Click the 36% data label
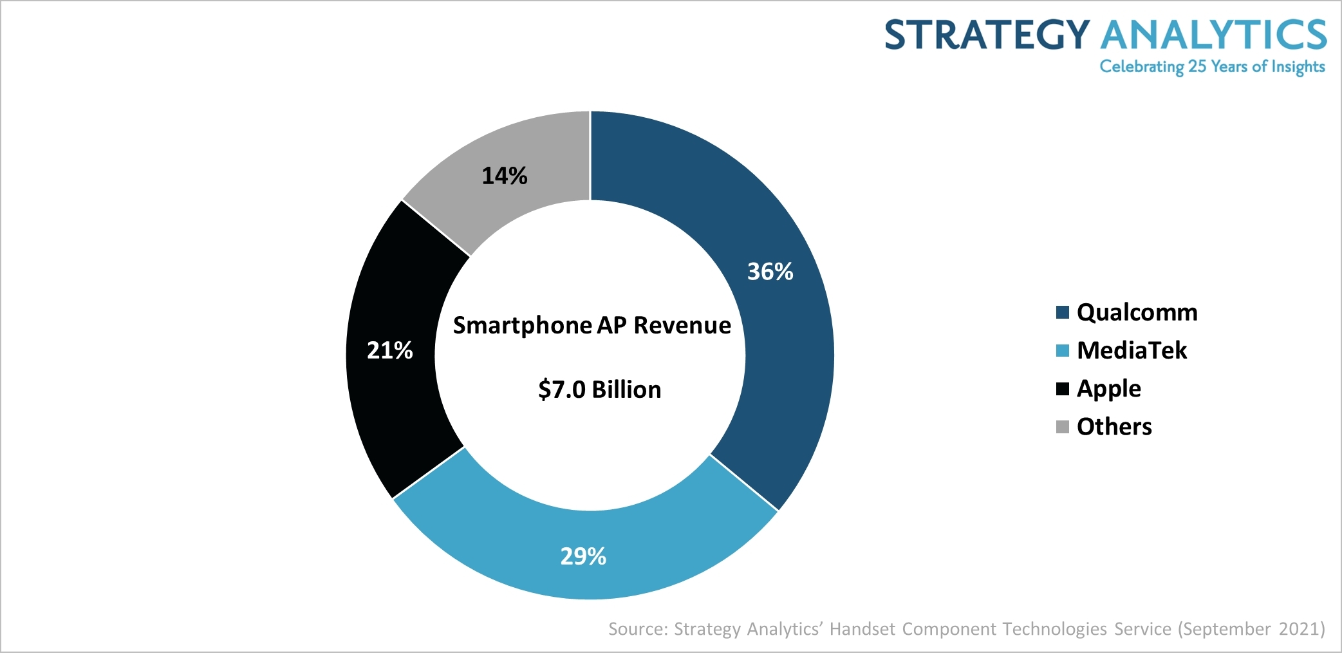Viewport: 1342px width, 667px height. tap(770, 272)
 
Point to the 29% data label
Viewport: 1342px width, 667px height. tap(583, 556)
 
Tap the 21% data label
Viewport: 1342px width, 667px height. tap(389, 350)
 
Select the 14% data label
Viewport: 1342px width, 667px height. tap(505, 176)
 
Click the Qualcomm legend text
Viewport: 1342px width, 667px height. tap(1137, 312)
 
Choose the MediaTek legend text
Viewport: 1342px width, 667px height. tap(1132, 350)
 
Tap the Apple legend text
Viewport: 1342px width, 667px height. tap(1108, 389)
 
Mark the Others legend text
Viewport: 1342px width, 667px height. tap(1114, 427)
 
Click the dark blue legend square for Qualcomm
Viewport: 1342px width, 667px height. tap(1062, 312)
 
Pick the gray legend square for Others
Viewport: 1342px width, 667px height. tap(1062, 427)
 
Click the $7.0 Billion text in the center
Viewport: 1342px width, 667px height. tap(599, 390)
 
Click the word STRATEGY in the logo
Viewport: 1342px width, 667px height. tap(987, 35)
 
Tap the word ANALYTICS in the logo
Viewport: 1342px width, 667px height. tap(1213, 35)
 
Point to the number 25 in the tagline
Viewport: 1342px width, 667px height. tap(1197, 66)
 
